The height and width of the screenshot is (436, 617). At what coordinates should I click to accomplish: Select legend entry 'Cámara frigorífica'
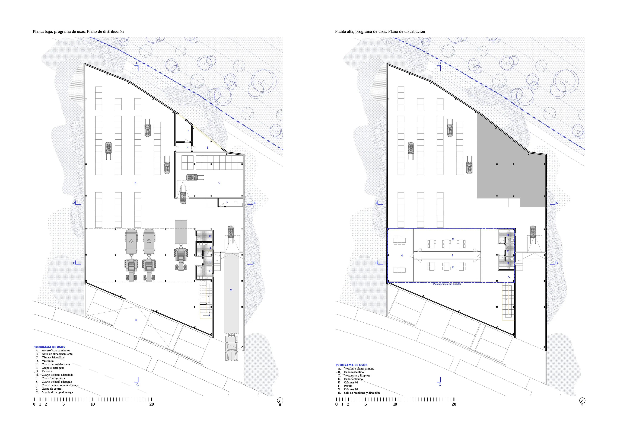[53, 357]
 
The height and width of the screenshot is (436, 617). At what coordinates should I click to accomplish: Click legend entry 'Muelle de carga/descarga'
[57, 392]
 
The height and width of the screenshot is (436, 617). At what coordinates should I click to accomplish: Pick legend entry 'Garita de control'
[52, 389]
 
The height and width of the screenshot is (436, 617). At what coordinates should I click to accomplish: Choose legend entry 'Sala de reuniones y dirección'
[362, 393]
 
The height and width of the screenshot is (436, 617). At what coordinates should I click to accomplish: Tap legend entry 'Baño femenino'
[353, 379]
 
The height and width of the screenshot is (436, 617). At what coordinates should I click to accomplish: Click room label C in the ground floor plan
[219, 183]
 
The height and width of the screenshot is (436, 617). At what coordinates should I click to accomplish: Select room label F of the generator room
[188, 131]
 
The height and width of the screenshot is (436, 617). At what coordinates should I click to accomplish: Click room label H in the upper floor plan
[402, 255]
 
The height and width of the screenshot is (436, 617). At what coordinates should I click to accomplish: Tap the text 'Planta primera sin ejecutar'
[447, 284]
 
